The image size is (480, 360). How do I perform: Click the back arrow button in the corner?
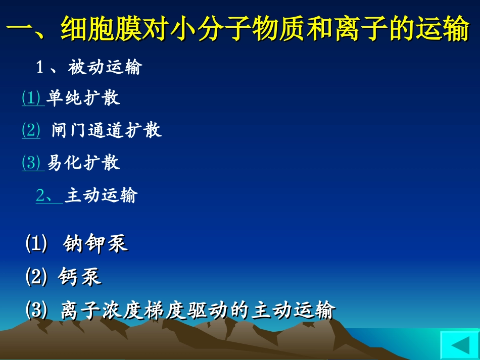[x=459, y=345]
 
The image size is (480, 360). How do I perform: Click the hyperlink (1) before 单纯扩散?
[x=31, y=98]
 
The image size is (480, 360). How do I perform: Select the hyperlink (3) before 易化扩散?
[x=31, y=163]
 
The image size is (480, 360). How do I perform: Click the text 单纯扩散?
[x=83, y=98]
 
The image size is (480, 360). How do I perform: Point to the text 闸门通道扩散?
[x=107, y=130]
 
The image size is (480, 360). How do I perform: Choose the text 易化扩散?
[x=83, y=163]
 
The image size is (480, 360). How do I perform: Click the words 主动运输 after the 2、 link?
[x=101, y=195]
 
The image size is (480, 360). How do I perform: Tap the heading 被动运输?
[x=105, y=67]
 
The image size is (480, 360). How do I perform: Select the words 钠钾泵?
[x=95, y=244]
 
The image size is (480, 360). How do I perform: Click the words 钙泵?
[x=80, y=277]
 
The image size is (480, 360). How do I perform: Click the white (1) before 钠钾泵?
[x=36, y=244]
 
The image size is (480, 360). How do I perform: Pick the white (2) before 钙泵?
[x=36, y=277]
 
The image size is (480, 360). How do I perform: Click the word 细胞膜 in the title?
[x=102, y=30]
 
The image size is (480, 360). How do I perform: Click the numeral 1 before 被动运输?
[x=40, y=68]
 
